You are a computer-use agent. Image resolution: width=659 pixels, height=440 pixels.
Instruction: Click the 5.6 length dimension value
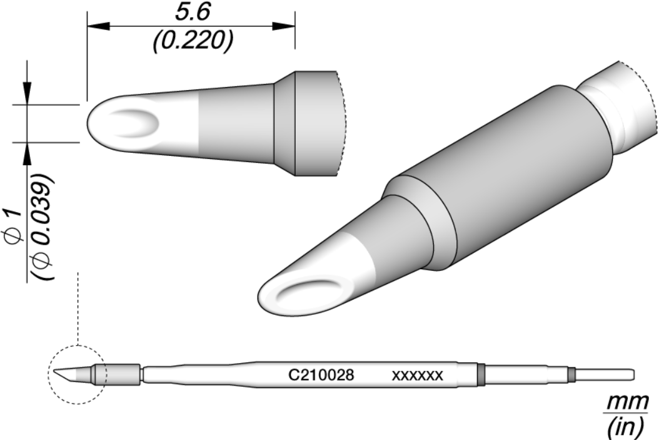192,12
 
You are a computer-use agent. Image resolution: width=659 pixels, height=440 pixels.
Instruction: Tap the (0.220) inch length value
193,41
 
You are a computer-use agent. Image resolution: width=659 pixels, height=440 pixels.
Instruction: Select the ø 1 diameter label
13,225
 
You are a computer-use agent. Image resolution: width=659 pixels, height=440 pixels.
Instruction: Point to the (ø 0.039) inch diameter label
43,226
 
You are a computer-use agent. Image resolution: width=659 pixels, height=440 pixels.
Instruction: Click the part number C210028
321,374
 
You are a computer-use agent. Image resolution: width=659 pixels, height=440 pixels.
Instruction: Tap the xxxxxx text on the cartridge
417,375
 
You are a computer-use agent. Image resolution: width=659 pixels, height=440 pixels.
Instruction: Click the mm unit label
627,402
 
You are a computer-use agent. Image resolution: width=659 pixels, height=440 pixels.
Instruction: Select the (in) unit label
626,427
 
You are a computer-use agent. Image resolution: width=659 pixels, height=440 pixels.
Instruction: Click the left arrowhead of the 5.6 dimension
98,26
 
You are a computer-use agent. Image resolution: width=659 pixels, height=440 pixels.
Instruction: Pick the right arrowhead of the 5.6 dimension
284,26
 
